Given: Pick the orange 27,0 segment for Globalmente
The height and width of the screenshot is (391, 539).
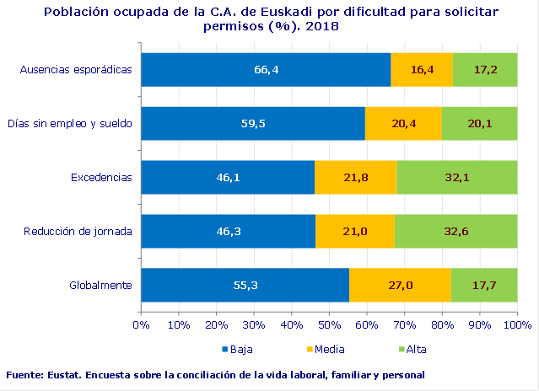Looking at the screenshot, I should click(400, 285).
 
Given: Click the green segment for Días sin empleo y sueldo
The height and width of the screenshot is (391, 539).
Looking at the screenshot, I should click(479, 123).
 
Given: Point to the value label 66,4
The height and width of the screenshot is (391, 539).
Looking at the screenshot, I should click(266, 69).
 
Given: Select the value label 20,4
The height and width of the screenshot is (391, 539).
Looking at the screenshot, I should click(404, 123).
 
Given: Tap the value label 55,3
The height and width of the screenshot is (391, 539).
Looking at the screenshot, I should click(245, 285).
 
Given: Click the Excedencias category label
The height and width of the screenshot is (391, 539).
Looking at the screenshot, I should click(101, 178).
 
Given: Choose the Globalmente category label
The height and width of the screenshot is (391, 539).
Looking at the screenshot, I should click(100, 286).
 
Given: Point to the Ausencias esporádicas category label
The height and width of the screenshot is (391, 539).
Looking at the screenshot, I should click(76, 70).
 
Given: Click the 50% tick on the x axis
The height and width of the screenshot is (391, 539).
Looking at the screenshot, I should click(329, 324).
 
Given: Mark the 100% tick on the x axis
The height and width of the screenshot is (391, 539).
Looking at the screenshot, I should click(516, 324).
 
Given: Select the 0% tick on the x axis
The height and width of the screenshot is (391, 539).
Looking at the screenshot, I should click(141, 324).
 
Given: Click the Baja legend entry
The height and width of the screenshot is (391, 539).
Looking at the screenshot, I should click(239, 349).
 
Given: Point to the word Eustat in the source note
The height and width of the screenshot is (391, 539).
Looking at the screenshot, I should click(61, 374).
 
